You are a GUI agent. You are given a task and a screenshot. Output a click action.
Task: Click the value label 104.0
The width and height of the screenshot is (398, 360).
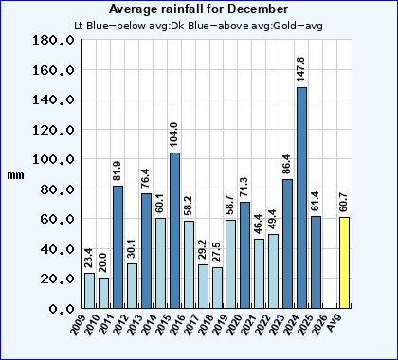[x=174, y=132]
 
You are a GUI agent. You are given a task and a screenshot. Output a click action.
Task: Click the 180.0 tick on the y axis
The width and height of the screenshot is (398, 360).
[x=53, y=41]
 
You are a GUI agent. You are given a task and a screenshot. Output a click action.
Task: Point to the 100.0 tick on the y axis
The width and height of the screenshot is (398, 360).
[x=53, y=159]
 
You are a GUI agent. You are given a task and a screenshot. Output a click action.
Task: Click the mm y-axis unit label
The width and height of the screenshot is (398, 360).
[x=15, y=175]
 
